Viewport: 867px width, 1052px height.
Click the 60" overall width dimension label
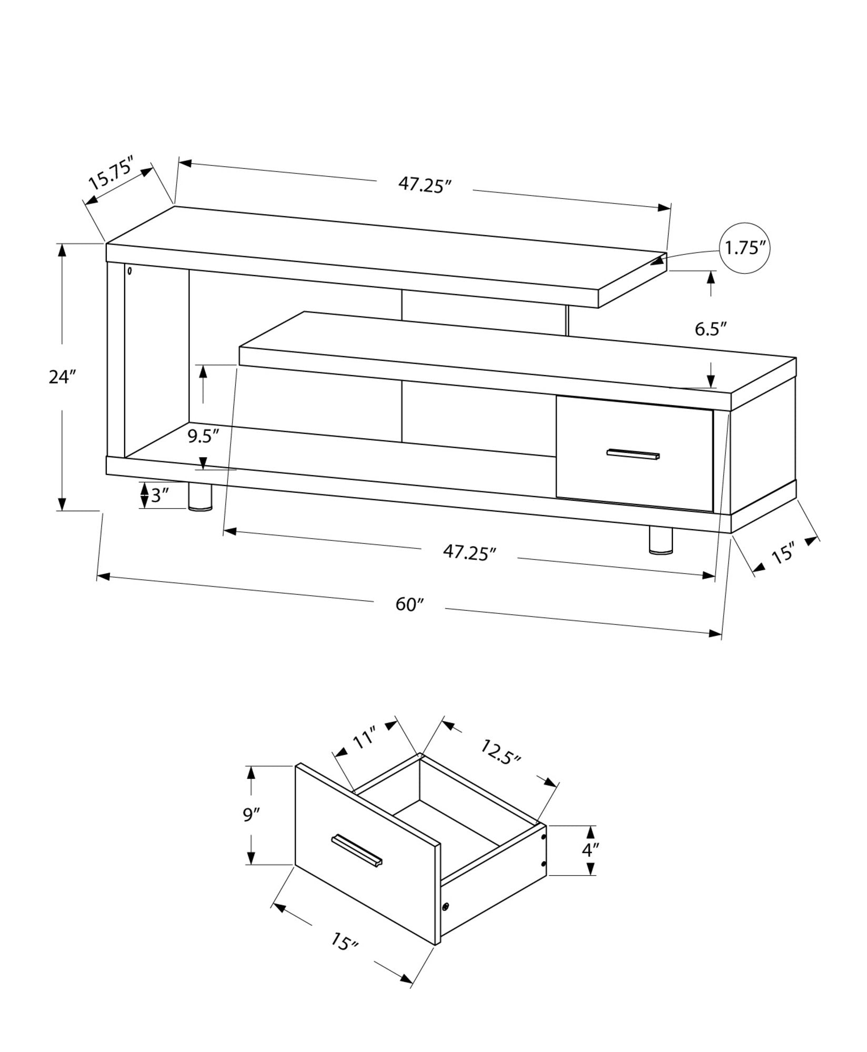[x=409, y=604]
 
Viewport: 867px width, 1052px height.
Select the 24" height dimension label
[x=63, y=377]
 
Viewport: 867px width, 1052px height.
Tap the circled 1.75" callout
[x=744, y=248]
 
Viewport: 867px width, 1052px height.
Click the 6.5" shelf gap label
[x=710, y=329]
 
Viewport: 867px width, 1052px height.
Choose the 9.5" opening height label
[x=203, y=437]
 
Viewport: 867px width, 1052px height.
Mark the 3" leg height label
[x=160, y=495]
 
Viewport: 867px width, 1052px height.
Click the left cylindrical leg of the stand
[x=200, y=497]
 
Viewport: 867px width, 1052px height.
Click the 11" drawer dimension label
[x=363, y=739]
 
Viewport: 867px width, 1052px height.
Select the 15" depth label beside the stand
[x=782, y=555]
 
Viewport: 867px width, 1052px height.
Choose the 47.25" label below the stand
[x=469, y=553]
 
